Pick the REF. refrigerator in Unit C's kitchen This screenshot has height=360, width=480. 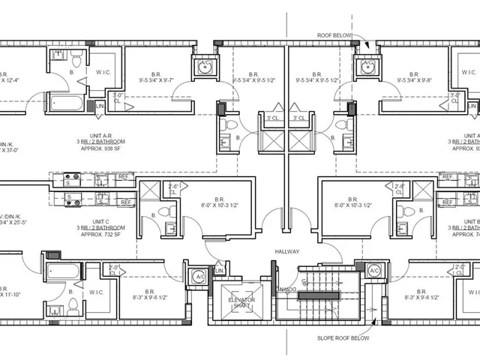(x=124, y=202)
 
